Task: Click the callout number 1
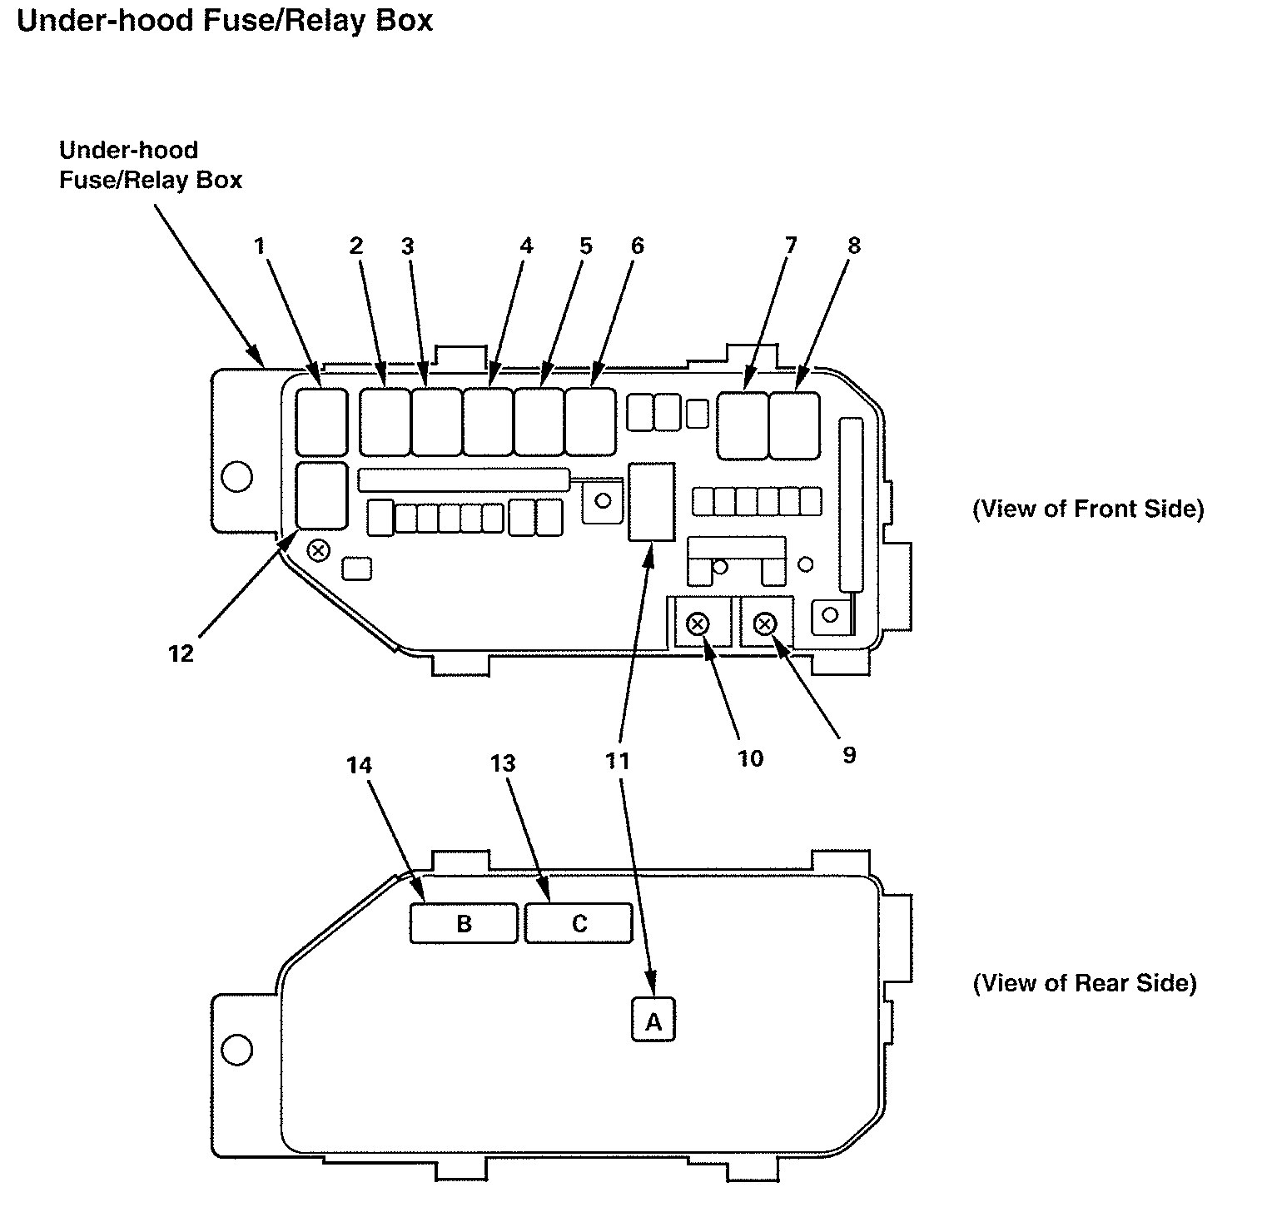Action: coord(260,246)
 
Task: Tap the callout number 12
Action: coord(181,653)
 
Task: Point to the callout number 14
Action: coord(360,764)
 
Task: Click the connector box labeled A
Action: coord(653,1020)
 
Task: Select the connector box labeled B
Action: coord(464,923)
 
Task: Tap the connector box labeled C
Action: coord(579,923)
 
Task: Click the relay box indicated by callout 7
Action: coord(743,425)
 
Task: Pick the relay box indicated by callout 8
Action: coord(794,425)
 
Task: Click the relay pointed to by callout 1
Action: coord(321,421)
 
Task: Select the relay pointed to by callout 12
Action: coord(321,496)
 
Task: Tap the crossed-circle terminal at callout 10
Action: coord(698,623)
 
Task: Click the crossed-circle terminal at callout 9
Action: coord(766,623)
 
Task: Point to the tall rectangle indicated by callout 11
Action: coord(651,501)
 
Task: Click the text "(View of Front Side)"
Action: coord(1087,509)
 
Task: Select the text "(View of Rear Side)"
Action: coord(1084,983)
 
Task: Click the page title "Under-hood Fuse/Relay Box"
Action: coord(225,20)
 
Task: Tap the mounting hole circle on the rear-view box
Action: coord(236,1049)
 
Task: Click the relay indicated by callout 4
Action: coord(488,422)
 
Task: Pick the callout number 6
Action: coord(637,246)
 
